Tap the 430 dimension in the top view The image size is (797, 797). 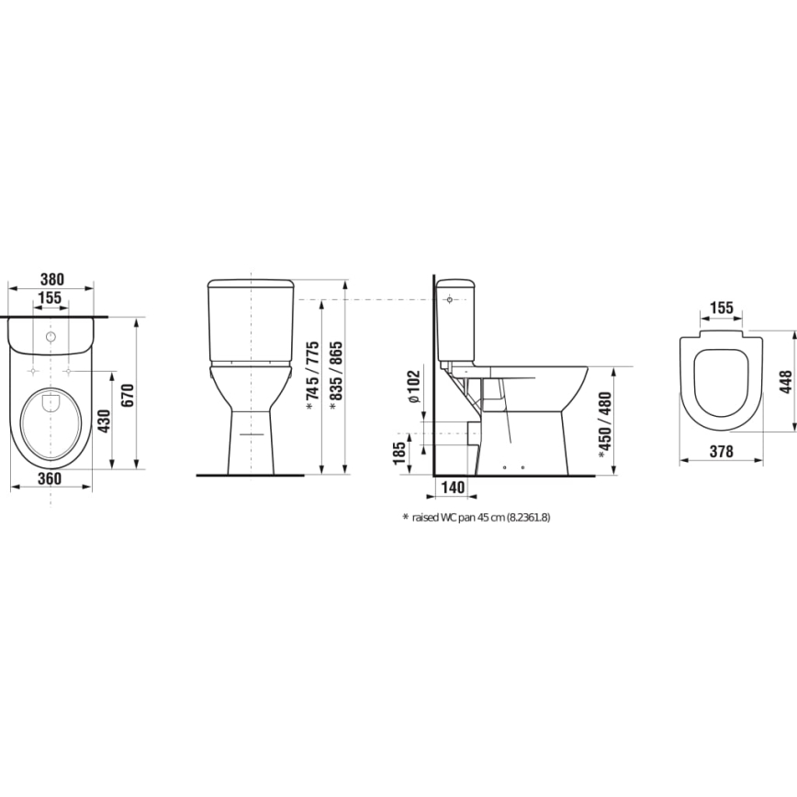click(105, 420)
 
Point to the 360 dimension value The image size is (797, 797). click(51, 480)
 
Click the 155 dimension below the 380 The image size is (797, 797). click(51, 297)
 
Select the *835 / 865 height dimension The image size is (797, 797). click(336, 376)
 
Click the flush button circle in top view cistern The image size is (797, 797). click(50, 337)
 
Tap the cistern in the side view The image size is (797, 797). click(456, 318)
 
